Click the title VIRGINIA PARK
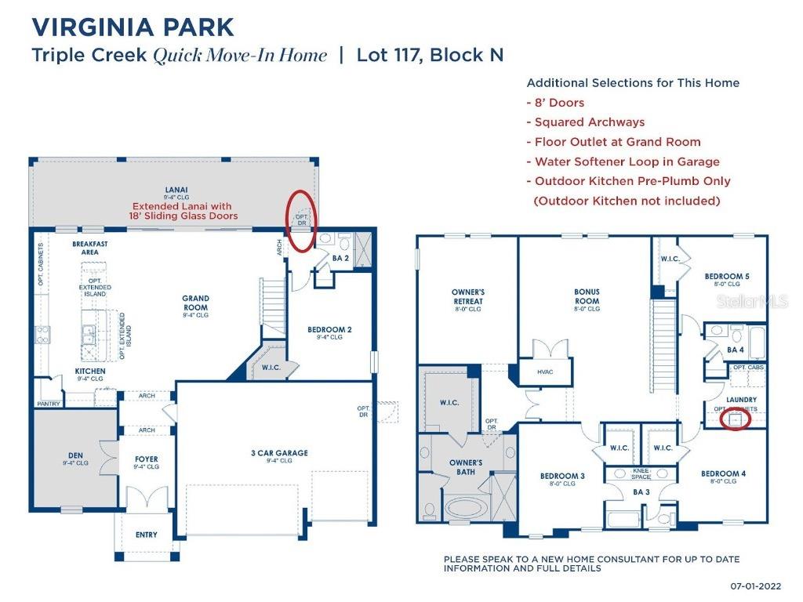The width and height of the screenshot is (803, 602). pyautogui.click(x=133, y=27)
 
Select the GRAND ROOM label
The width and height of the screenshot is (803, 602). pyautogui.click(x=195, y=303)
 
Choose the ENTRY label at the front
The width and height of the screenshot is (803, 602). pyautogui.click(x=146, y=535)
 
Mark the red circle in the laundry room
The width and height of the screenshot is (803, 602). pyautogui.click(x=735, y=419)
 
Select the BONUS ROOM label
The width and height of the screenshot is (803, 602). pyautogui.click(x=587, y=296)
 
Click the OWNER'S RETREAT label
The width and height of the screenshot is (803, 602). pyautogui.click(x=467, y=296)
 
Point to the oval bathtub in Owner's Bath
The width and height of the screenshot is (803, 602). pyautogui.click(x=466, y=508)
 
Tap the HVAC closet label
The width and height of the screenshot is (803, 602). pyautogui.click(x=544, y=372)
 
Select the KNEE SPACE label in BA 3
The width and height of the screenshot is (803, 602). pyautogui.click(x=641, y=474)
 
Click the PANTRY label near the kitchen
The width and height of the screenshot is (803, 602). pyautogui.click(x=48, y=404)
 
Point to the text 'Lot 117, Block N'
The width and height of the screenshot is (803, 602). pyautogui.click(x=430, y=56)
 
